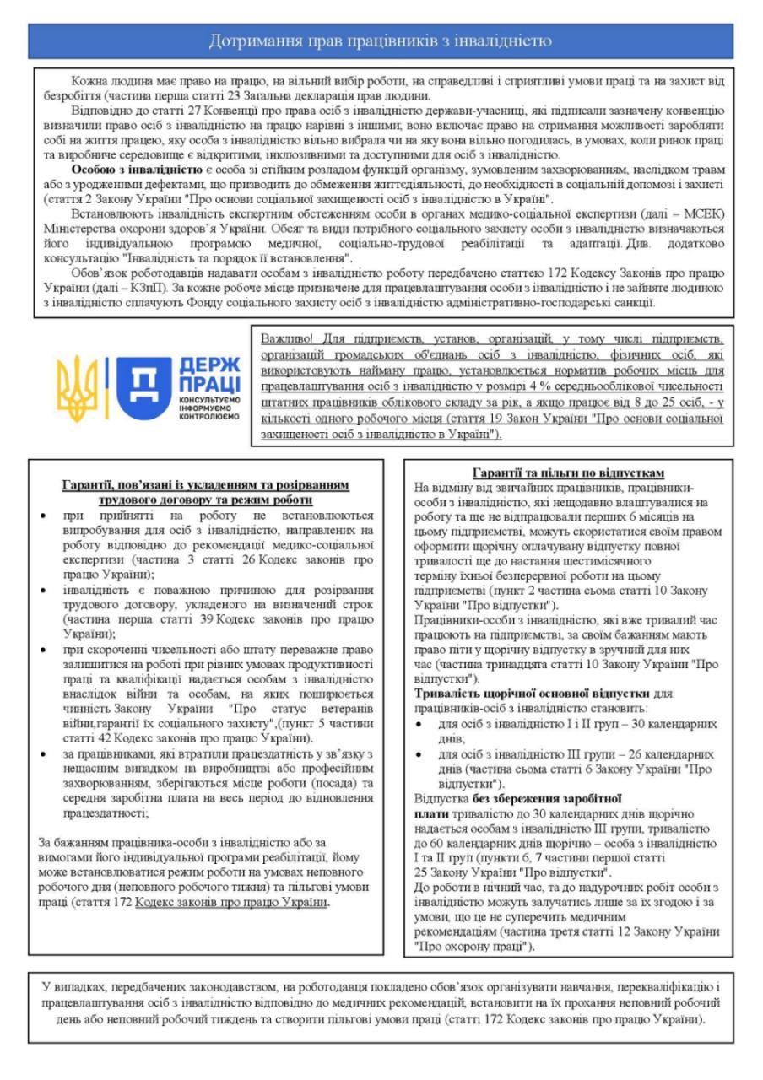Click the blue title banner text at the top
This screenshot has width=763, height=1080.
coord(381,40)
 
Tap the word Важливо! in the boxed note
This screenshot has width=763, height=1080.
coord(287,336)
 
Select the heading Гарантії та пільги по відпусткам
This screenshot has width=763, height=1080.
coord(569,472)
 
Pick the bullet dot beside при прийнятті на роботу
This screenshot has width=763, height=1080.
coord(45,514)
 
